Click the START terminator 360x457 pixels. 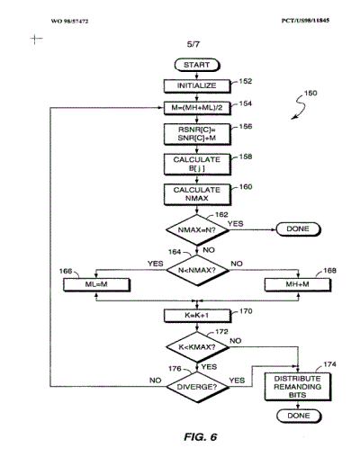[x=197, y=65]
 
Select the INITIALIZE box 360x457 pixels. [x=197, y=85]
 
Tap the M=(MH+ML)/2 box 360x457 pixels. [x=197, y=108]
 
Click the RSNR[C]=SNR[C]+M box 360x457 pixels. [x=197, y=134]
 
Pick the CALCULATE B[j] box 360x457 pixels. [x=197, y=164]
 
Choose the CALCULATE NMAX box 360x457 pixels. [x=197, y=194]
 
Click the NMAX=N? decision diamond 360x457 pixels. [x=197, y=230]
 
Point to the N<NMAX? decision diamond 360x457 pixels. [x=197, y=270]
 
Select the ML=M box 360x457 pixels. [x=96, y=284]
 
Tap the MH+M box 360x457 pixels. [x=298, y=284]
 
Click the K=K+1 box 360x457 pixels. [x=197, y=316]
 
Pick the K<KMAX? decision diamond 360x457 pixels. [x=197, y=347]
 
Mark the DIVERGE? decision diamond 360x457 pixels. [x=197, y=387]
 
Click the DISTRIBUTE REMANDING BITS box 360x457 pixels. [x=298, y=387]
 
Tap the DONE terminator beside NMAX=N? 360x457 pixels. [x=298, y=229]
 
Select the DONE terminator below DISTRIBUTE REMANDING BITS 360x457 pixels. [x=299, y=416]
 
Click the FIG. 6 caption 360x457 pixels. [x=201, y=437]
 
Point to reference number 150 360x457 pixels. [x=310, y=94]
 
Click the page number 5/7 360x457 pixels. [x=193, y=44]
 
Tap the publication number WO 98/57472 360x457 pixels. [x=69, y=22]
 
